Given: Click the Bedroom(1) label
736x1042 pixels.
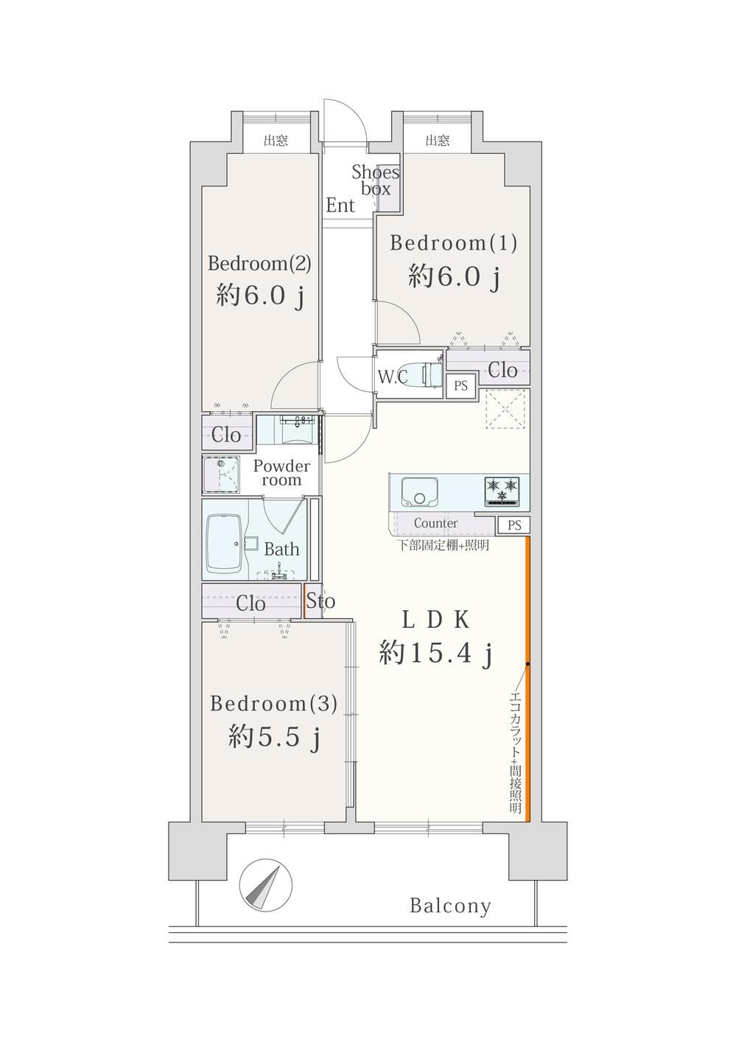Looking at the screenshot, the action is point(453,243).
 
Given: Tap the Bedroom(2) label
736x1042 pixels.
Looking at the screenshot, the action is point(259,264).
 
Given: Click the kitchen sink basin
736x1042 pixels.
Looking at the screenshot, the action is point(420,492).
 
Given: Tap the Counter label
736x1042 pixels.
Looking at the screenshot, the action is point(435,523).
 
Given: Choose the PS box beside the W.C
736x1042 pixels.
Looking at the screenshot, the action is point(461,385).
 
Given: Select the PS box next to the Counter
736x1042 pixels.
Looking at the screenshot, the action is point(514,525).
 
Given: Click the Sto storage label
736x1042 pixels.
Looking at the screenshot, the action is point(320,601).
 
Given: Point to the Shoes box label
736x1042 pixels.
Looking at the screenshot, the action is point(376,181).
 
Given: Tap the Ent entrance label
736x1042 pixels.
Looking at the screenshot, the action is point(340,205).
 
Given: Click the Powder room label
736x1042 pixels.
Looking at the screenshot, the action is point(281,472).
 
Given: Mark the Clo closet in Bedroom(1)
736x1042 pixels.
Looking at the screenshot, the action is point(502,370).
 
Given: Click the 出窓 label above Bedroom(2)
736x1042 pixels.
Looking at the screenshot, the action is point(276,140).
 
